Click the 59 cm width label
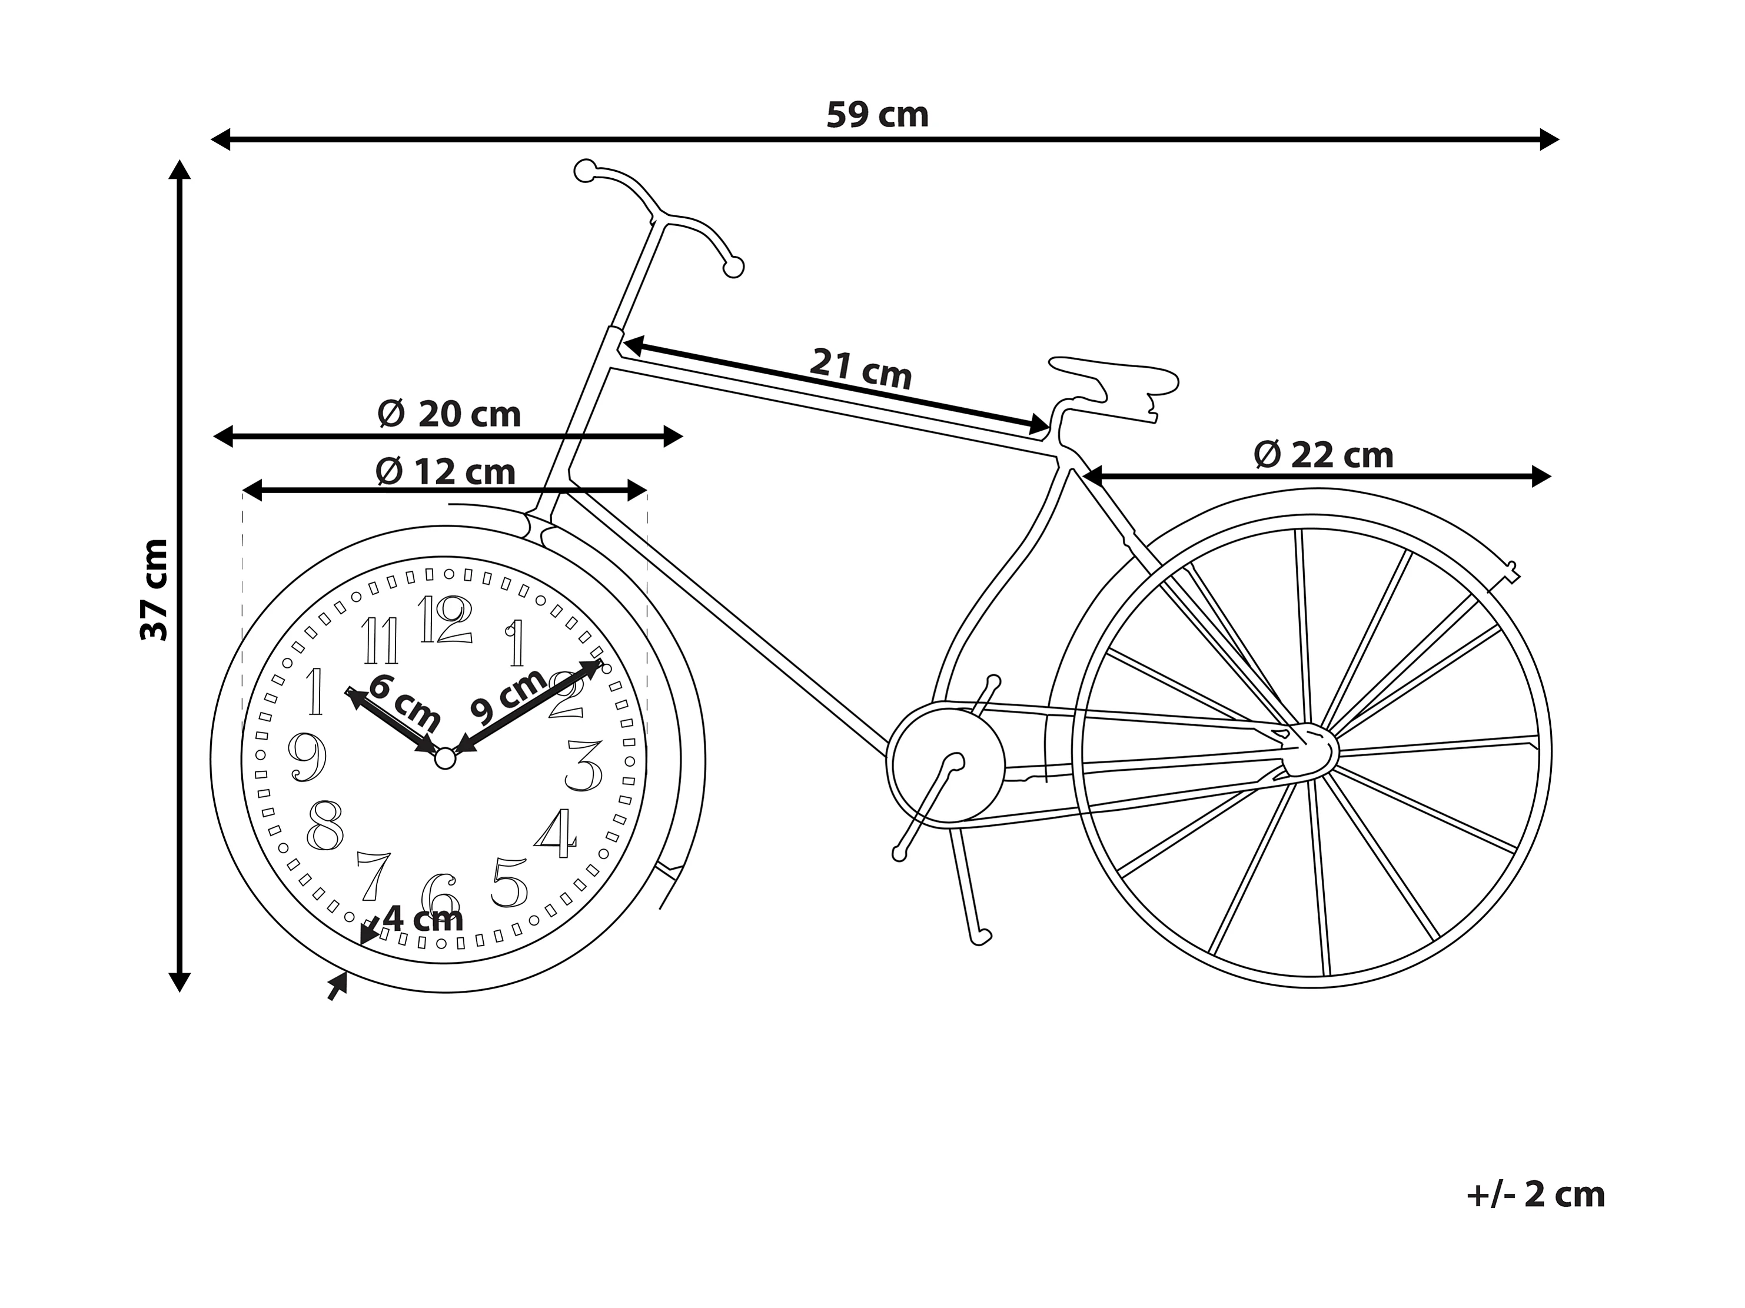click(x=878, y=115)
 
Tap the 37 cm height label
click(x=155, y=590)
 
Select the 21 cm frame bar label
click(x=860, y=368)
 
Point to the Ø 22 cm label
click(x=1323, y=455)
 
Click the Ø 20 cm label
click(x=449, y=414)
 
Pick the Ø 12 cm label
click(x=446, y=472)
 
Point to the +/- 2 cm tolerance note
click(x=1535, y=1195)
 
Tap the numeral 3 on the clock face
click(x=584, y=766)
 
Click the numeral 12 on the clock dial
click(x=445, y=620)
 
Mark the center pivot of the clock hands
click(x=445, y=758)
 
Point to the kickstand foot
click(x=981, y=936)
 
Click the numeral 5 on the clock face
click(x=509, y=882)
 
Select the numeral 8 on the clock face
click(x=325, y=826)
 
